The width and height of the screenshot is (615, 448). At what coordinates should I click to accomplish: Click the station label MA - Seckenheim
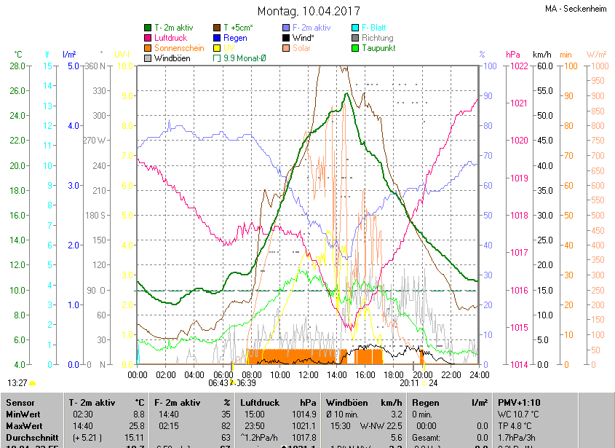[575, 9]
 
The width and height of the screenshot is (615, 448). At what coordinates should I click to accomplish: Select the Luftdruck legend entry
[170, 38]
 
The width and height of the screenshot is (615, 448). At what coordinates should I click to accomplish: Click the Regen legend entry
[234, 38]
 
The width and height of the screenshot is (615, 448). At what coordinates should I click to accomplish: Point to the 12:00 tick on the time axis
[308, 374]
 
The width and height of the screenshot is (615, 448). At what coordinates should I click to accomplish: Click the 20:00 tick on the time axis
[421, 374]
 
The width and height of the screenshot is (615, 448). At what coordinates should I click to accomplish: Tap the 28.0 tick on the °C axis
[16, 66]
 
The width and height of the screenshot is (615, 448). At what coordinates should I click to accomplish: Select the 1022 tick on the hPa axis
[519, 66]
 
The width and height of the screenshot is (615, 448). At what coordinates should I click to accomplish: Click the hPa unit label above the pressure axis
[512, 55]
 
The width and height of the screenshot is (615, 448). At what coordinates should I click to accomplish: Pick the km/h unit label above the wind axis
[541, 55]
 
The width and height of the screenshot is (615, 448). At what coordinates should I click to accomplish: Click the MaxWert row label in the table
[24, 425]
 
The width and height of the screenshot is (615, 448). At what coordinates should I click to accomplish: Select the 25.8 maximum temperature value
[134, 425]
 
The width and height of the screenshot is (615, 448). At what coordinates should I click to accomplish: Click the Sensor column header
[20, 402]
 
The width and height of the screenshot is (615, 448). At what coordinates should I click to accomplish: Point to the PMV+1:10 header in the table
[519, 402]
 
